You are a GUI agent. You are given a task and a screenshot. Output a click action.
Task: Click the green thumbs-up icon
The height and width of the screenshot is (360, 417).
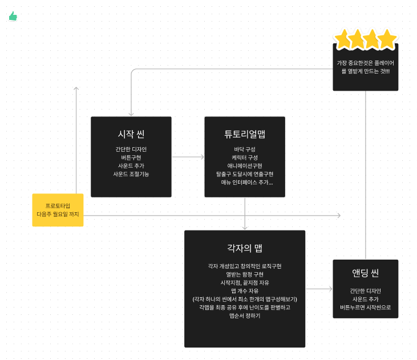click(x=13, y=16)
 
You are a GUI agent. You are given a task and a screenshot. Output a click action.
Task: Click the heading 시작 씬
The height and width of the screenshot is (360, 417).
click(x=131, y=134)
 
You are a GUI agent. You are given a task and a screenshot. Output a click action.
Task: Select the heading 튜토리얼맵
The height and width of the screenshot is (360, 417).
click(x=245, y=134)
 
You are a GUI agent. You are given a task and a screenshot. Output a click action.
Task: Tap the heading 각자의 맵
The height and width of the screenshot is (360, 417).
click(x=245, y=248)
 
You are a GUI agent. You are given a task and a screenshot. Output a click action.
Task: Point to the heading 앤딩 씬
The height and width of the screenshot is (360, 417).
click(x=366, y=272)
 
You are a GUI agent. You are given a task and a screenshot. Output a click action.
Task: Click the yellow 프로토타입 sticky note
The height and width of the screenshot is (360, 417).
click(x=58, y=210)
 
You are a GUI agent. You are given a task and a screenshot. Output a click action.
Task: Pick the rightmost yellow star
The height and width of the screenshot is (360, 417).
click(x=387, y=39)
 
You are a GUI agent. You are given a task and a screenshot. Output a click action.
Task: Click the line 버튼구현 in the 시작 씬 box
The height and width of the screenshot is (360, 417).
click(x=131, y=157)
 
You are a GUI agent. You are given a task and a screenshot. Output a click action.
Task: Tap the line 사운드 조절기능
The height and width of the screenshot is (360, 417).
click(x=131, y=173)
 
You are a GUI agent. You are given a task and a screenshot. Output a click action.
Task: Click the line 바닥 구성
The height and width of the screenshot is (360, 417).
click(x=245, y=149)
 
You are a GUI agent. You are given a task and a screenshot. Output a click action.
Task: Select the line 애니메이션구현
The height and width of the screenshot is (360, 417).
click(x=245, y=165)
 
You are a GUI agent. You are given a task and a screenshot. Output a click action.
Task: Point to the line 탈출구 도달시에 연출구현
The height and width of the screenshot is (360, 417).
click(x=245, y=173)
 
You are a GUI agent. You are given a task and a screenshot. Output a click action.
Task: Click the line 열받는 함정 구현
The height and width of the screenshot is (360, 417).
click(x=245, y=274)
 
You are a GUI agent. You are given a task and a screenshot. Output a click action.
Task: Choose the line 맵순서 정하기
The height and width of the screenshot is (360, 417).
click(x=245, y=315)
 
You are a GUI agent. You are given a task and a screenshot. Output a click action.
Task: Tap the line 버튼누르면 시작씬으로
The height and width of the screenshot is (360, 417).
click(x=366, y=307)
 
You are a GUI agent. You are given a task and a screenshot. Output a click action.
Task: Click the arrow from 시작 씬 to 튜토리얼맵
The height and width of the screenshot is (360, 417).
click(x=188, y=156)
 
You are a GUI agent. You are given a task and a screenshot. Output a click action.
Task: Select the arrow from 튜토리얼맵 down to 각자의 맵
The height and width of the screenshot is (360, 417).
click(x=245, y=214)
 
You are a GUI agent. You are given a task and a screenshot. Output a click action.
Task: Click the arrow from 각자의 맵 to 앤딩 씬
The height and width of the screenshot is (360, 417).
click(x=319, y=289)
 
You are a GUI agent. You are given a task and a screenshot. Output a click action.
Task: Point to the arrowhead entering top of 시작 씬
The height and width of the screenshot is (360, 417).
click(x=131, y=114)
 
